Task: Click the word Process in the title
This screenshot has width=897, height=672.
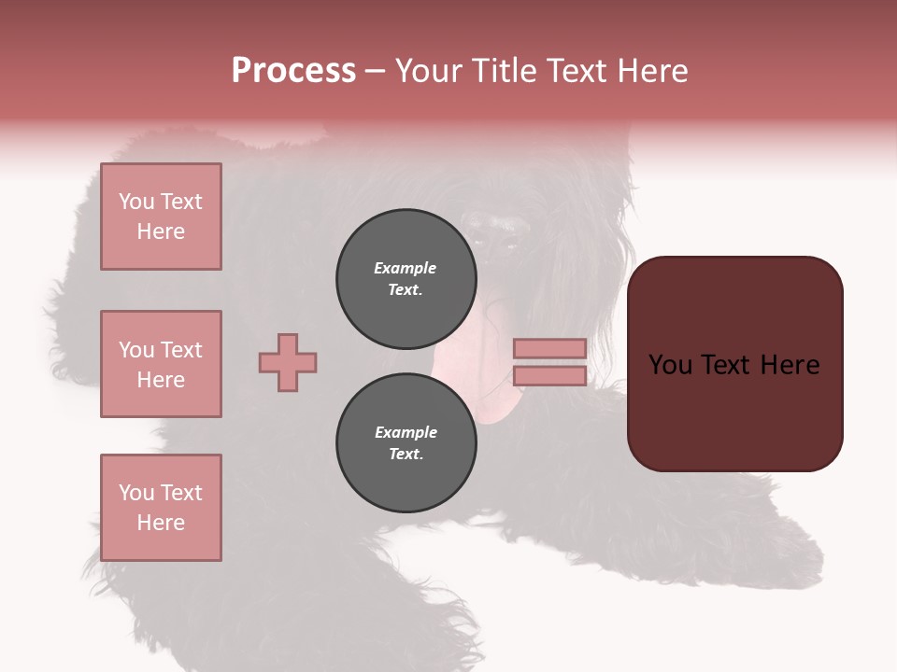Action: click(293, 71)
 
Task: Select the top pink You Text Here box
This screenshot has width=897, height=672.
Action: click(161, 217)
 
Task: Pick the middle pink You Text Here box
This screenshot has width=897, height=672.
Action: click(161, 364)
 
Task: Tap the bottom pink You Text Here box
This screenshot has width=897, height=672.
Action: click(161, 508)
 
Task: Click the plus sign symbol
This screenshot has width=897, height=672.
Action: click(288, 362)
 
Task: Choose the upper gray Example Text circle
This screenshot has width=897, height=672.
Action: click(406, 279)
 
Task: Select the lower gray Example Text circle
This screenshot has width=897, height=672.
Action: click(406, 443)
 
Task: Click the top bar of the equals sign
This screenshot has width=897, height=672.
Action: click(549, 348)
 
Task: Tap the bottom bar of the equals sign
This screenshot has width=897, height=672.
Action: click(549, 375)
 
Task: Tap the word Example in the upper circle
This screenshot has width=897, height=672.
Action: click(406, 268)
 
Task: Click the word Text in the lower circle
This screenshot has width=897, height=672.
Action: click(406, 455)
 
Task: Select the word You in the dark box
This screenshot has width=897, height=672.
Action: click(670, 365)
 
